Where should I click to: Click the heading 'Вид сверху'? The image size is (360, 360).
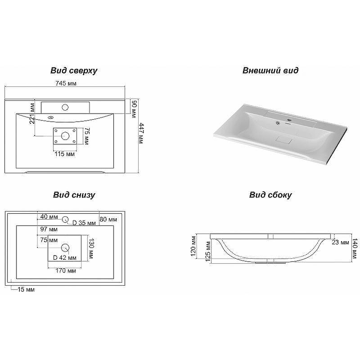[74, 71]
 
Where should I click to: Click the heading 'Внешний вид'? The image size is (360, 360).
[270, 71]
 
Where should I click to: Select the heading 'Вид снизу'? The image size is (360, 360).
[74, 195]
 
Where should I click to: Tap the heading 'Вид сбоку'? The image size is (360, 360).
[270, 195]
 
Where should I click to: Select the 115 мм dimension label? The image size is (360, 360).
[64, 154]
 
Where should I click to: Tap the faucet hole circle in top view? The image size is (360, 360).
[65, 107]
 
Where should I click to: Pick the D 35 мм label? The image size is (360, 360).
[84, 223]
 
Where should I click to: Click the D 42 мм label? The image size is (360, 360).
[64, 258]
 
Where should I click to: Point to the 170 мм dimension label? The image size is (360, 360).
[65, 270]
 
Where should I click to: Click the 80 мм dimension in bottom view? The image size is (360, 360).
[108, 219]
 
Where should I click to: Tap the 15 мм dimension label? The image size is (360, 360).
[26, 289]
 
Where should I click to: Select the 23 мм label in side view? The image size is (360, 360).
[341, 243]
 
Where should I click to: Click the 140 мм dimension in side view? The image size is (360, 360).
[355, 249]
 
